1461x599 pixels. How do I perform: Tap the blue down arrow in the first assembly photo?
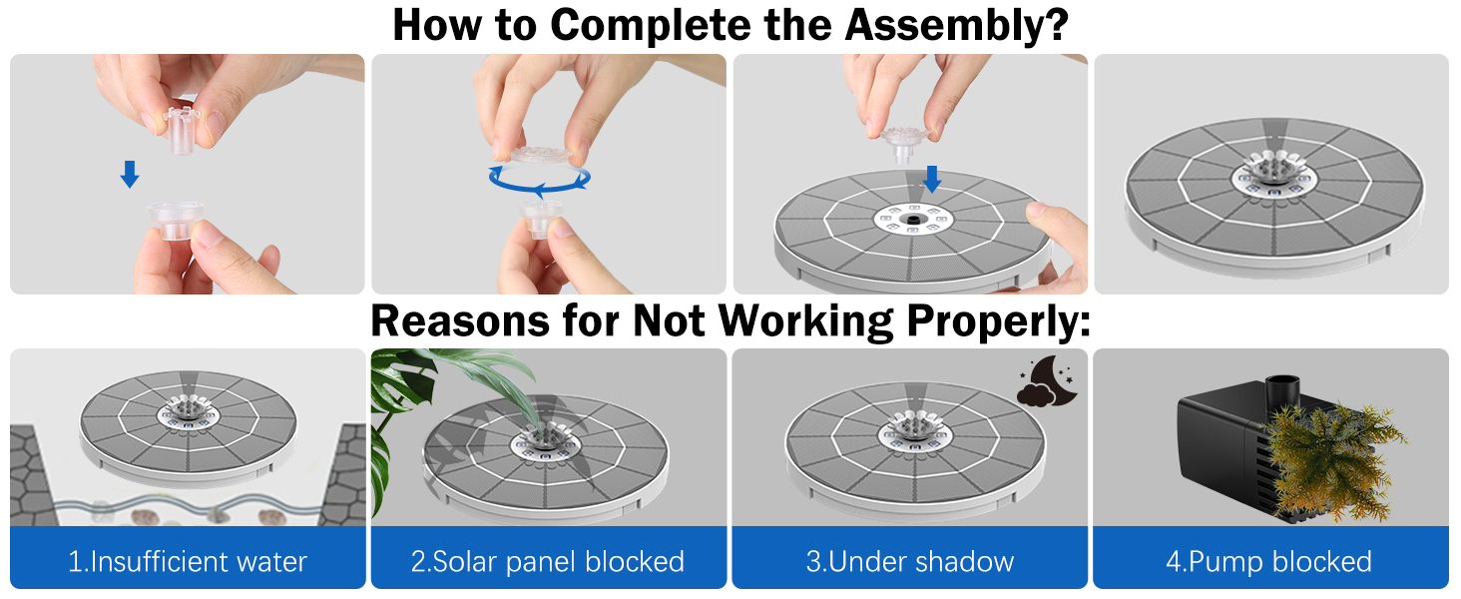click(x=130, y=176)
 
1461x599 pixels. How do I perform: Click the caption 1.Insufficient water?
click(x=188, y=561)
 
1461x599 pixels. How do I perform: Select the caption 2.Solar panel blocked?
click(x=548, y=561)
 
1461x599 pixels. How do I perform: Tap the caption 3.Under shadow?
click(x=909, y=561)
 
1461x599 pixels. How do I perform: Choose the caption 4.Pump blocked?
click(x=1268, y=561)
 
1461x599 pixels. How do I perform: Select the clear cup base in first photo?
click(x=175, y=220)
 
